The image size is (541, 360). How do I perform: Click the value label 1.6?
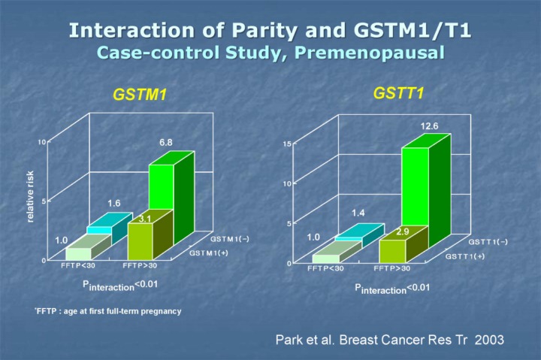113,203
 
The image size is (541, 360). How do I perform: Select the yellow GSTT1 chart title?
394,92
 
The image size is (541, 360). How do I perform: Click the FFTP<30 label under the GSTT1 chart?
325,268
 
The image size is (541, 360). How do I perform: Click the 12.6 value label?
428,126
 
